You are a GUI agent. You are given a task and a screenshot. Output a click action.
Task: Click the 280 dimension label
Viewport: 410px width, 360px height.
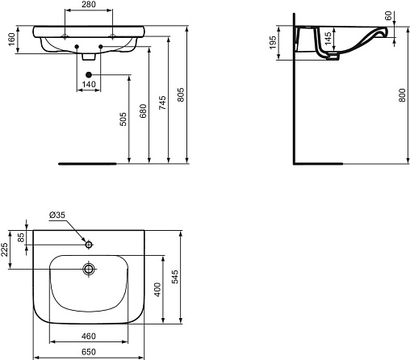click(x=89, y=5)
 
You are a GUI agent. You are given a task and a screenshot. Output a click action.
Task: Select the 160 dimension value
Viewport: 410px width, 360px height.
click(x=12, y=40)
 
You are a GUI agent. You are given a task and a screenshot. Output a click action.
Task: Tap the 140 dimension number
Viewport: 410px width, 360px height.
click(x=89, y=85)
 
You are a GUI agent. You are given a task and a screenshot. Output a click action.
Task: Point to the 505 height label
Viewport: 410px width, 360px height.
click(x=123, y=119)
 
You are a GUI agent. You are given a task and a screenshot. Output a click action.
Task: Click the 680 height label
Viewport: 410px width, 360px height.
click(x=144, y=111)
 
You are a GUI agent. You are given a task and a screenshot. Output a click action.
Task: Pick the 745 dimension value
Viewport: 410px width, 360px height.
click(x=162, y=103)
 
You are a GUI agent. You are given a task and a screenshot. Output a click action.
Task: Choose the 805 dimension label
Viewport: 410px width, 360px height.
click(x=181, y=94)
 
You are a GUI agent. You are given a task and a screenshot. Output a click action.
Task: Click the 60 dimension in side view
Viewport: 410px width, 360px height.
click(x=388, y=16)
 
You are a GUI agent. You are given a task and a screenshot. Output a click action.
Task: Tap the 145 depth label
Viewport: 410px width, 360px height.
click(x=328, y=39)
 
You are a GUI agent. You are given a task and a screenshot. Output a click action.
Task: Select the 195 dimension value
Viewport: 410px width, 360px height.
click(x=273, y=43)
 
